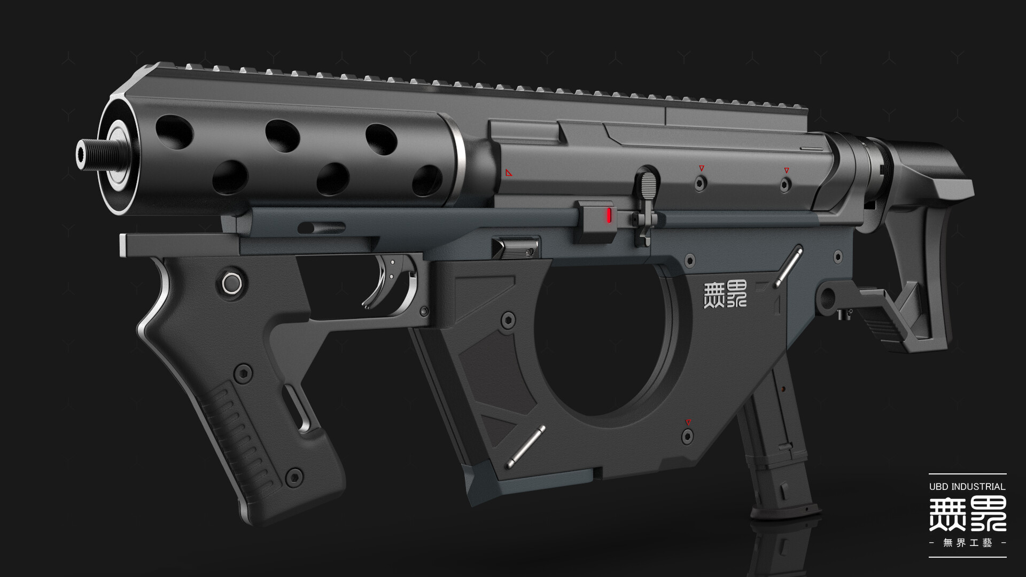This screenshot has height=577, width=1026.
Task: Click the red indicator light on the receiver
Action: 609,215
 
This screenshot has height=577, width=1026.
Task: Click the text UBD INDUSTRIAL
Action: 967,487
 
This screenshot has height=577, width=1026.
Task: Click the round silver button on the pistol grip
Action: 231,283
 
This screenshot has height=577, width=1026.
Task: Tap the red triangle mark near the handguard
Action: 509,173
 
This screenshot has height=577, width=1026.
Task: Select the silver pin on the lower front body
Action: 526,447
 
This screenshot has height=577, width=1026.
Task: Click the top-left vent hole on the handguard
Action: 174,131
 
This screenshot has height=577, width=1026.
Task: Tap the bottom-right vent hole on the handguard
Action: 426,180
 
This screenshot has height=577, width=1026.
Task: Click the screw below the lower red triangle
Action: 688,437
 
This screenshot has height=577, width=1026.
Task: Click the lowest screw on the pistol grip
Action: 293,477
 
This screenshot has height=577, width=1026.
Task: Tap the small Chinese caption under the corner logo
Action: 967,543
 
